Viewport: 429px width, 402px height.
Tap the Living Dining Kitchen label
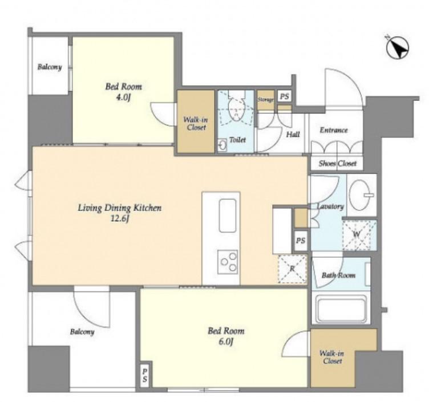120,208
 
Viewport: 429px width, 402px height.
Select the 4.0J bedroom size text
123,98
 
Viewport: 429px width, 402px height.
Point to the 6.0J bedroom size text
226,342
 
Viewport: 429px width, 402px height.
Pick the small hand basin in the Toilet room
222,145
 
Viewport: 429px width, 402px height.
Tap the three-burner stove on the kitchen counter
228,262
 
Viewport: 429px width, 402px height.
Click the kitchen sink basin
228,216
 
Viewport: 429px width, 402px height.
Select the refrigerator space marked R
292,269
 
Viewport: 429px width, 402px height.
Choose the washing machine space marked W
356,234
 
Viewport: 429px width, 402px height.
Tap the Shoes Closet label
337,163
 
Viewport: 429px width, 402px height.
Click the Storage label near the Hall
265,100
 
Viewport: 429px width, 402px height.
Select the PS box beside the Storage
284,96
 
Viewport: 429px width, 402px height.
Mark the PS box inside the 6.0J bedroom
145,375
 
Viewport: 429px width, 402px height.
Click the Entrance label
334,130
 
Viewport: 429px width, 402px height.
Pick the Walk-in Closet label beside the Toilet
196,123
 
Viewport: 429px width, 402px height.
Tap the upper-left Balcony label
50,67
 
